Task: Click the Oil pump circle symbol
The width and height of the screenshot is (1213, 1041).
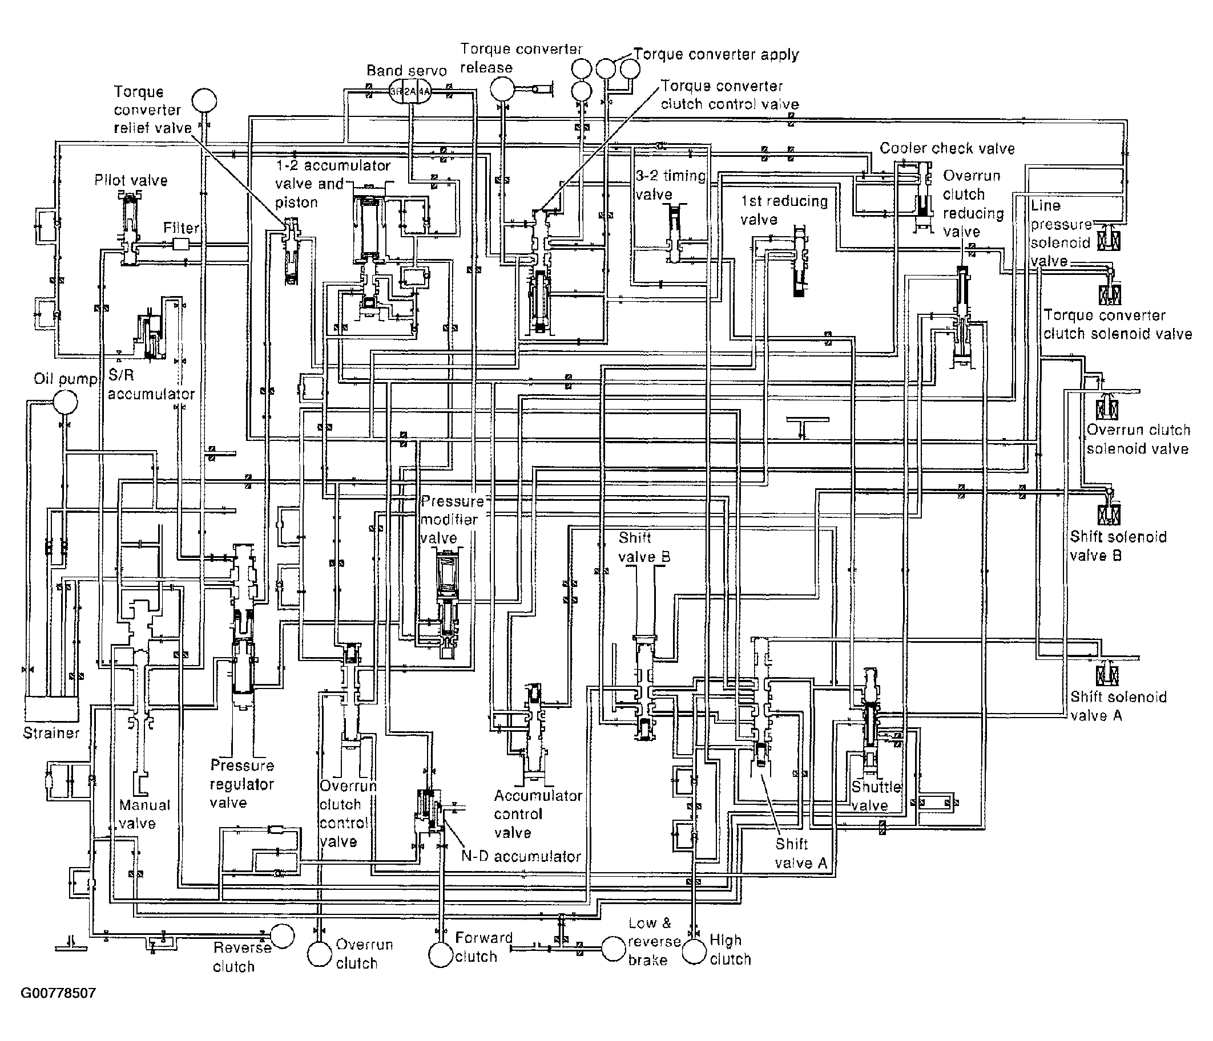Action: point(65,402)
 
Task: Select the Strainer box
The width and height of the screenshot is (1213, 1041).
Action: point(51,709)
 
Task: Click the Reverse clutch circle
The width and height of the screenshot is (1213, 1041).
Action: point(282,935)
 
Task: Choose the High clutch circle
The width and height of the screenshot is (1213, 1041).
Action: point(694,951)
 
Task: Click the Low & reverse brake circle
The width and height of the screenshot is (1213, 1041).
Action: point(614,949)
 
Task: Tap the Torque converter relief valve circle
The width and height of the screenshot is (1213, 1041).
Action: point(204,100)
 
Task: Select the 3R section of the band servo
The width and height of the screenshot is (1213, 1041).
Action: point(396,91)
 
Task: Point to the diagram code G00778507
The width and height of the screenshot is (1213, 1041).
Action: point(58,993)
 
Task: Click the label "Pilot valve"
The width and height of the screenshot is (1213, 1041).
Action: point(131,180)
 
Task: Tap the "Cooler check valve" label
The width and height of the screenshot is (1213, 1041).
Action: point(946,148)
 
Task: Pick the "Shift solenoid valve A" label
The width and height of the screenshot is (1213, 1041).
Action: point(1118,706)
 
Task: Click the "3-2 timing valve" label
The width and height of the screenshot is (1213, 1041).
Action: point(671,184)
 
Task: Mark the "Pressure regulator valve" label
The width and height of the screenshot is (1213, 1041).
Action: point(242,784)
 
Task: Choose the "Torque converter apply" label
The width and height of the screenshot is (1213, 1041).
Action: point(716,54)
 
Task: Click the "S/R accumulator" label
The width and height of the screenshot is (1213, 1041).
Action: point(151,384)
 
